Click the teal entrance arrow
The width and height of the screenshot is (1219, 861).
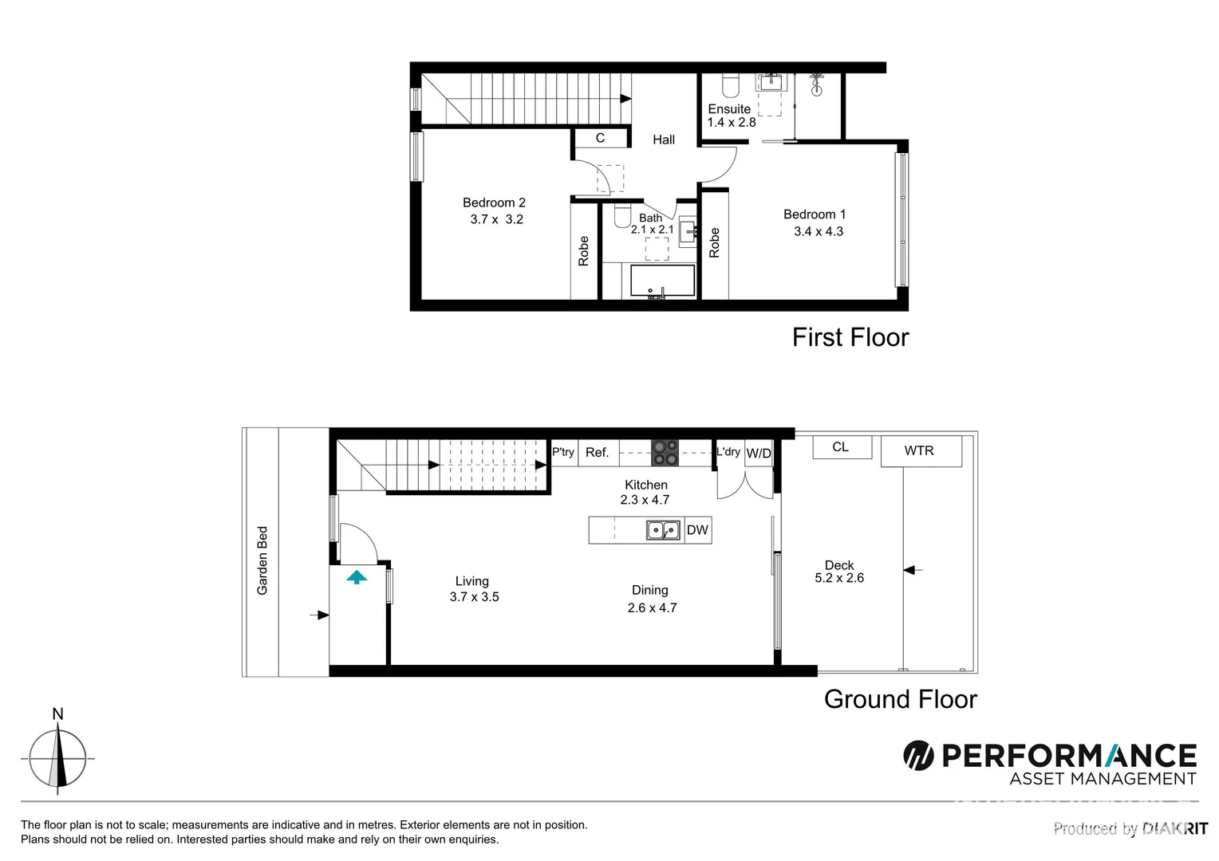(357, 576)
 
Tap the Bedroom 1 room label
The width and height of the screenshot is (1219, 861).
(814, 214)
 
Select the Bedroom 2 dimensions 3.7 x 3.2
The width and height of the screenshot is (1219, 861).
(496, 219)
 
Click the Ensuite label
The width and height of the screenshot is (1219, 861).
(729, 109)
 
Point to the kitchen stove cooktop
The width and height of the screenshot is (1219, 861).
(665, 453)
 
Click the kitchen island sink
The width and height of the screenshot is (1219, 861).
(663, 530)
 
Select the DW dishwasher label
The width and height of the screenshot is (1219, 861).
(697, 530)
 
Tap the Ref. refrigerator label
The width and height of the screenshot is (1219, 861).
(597, 453)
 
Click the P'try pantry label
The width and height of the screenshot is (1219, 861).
(563, 452)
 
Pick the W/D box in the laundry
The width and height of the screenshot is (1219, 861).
(759, 454)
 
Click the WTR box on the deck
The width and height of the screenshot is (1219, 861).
(920, 451)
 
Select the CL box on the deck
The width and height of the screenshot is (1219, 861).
(841, 447)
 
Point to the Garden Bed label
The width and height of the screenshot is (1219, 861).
(262, 560)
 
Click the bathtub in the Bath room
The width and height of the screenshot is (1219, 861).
(662, 281)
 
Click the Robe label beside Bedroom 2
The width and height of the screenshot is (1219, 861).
(583, 251)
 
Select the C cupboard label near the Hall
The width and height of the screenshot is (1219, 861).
(600, 138)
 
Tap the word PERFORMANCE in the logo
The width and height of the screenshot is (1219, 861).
(1069, 755)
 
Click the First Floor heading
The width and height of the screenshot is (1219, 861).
(850, 338)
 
